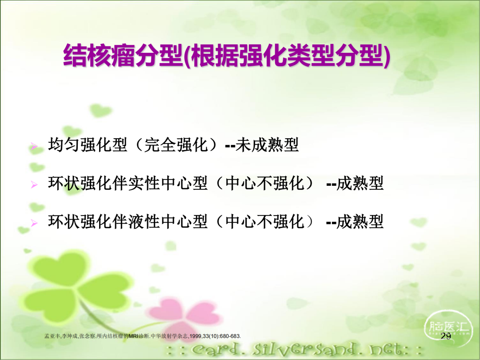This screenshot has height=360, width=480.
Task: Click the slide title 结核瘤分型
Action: click(123, 56)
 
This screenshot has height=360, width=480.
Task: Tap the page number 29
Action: click(446, 336)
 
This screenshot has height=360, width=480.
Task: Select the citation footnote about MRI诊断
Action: click(143, 336)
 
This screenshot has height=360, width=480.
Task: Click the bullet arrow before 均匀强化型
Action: click(34, 146)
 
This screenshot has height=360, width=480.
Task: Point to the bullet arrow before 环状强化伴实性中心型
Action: click(34, 184)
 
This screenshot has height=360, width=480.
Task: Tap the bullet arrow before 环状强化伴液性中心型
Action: click(34, 223)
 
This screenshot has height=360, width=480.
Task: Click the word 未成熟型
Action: click(267, 145)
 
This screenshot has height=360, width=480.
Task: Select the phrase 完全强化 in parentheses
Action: click(176, 145)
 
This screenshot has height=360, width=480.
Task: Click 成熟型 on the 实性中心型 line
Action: click(360, 183)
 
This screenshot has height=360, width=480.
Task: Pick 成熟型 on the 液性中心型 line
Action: click(360, 221)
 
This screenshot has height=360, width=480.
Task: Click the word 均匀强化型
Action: click(88, 145)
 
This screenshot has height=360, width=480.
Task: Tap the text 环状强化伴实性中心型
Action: click(128, 183)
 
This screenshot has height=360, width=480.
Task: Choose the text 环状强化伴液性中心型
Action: click(128, 221)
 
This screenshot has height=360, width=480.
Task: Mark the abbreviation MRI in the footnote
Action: click(134, 336)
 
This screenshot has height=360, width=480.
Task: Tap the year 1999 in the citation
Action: click(195, 336)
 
